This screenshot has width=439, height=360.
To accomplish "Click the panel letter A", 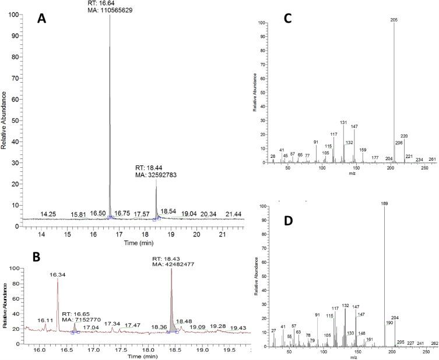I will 41,19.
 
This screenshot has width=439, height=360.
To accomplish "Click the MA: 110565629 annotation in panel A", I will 111,10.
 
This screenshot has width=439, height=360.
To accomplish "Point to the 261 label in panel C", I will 432,159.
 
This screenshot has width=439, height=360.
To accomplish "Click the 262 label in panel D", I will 434,343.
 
